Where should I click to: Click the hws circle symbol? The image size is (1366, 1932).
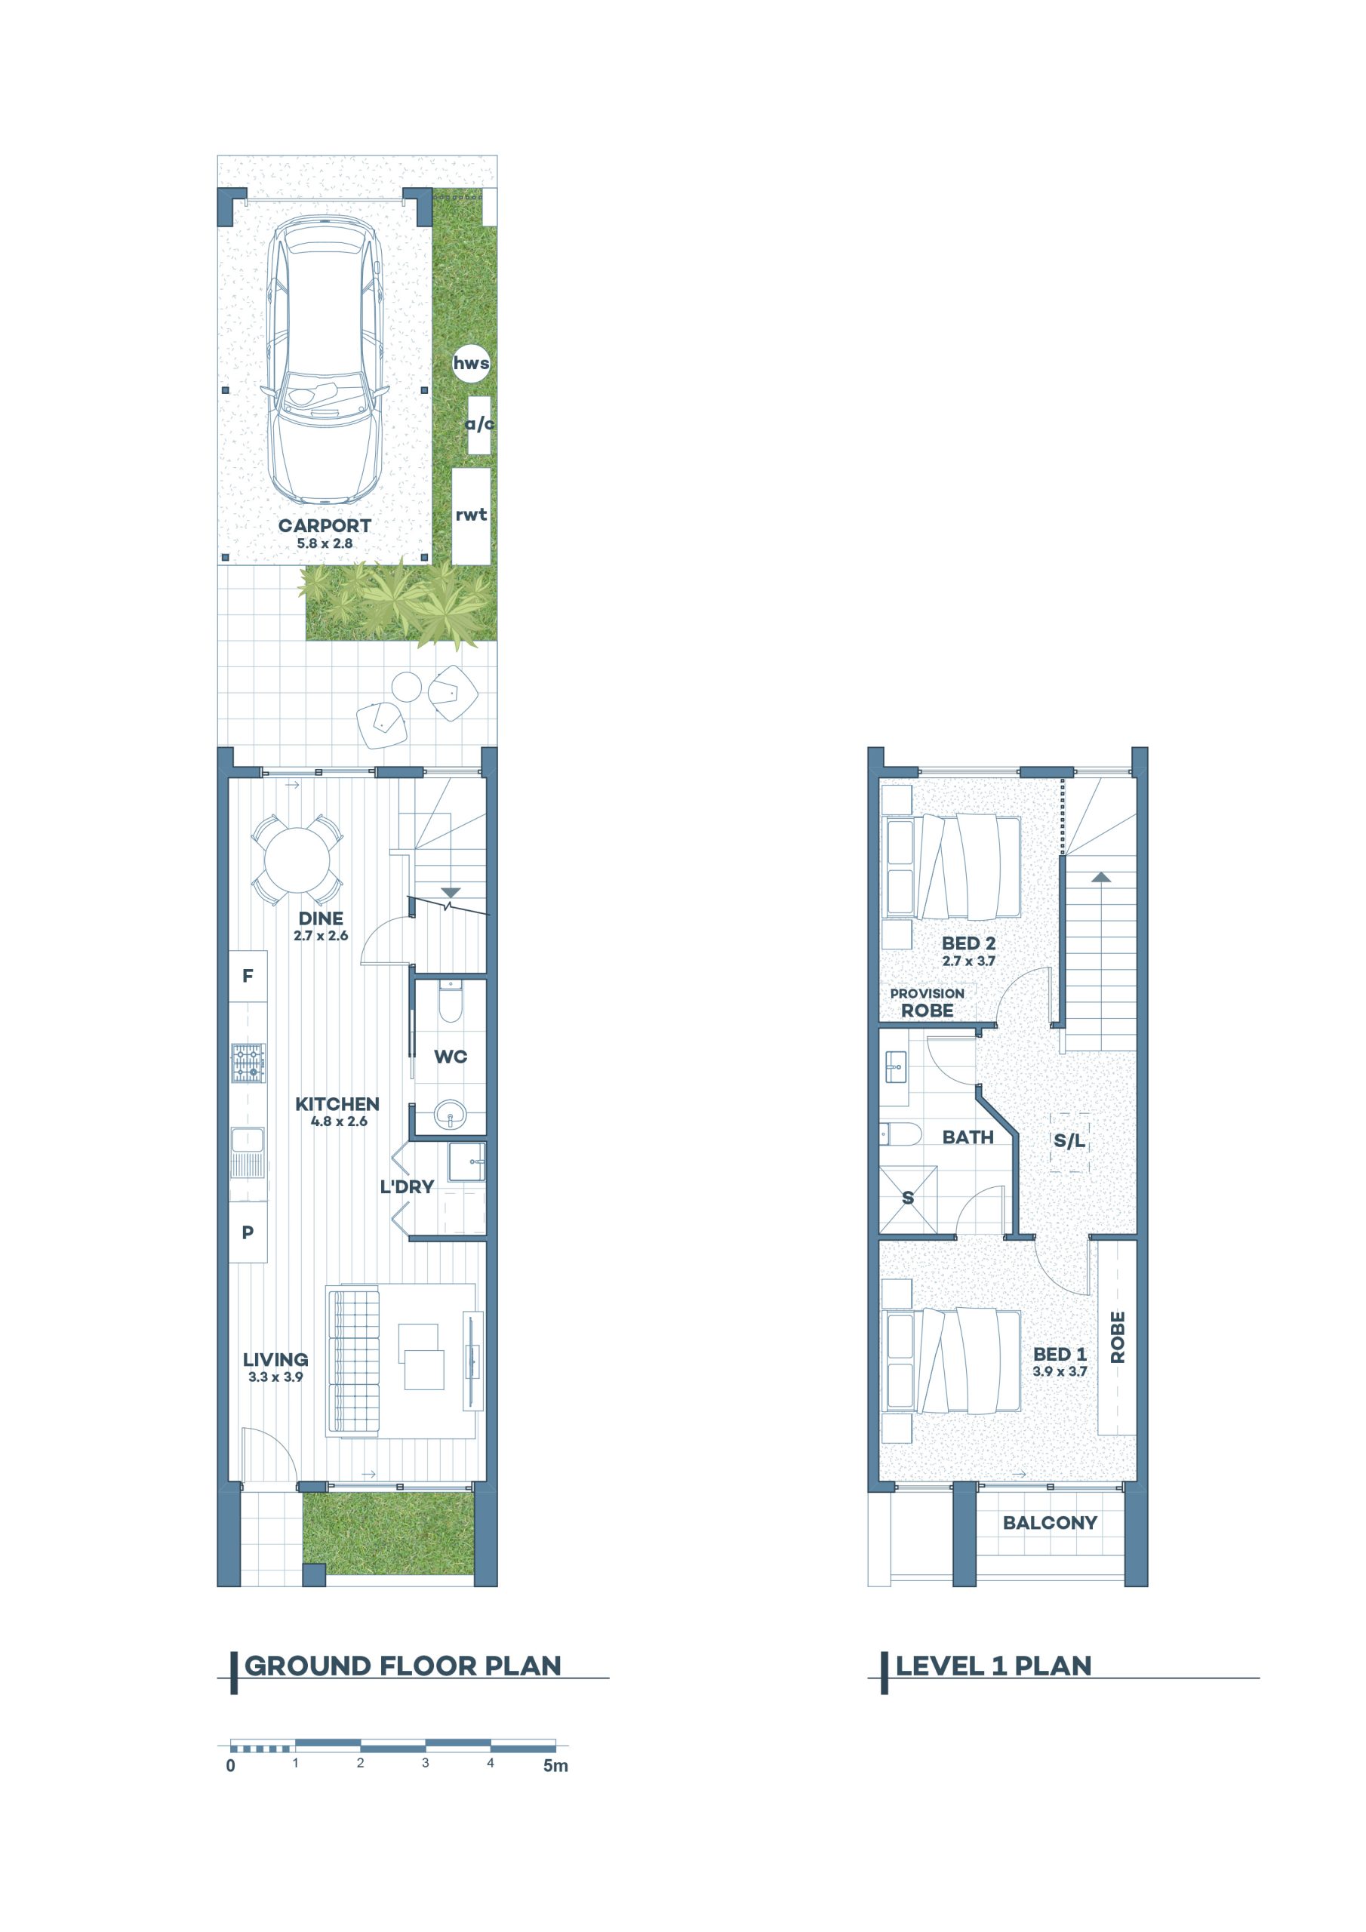(x=472, y=364)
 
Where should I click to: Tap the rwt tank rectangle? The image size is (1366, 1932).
(x=472, y=515)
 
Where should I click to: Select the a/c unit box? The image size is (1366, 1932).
(x=479, y=425)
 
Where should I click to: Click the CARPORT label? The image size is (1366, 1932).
(x=325, y=525)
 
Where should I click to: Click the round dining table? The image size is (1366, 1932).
(x=298, y=860)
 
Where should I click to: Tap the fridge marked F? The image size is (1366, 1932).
(x=248, y=976)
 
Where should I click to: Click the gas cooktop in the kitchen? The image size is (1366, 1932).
(x=248, y=1063)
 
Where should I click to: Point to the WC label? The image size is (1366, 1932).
(x=451, y=1056)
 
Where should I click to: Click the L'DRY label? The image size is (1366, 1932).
(x=407, y=1186)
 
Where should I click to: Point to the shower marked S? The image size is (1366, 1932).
(x=908, y=1198)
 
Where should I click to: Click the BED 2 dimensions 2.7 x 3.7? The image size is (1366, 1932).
(x=969, y=960)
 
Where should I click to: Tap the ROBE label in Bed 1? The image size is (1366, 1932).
(x=1118, y=1337)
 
